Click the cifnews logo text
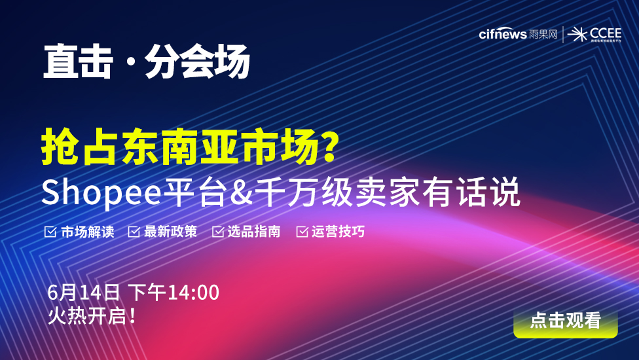tap(503, 34)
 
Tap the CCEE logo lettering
tap(606, 33)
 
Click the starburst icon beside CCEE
tap(577, 35)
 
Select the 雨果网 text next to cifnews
tap(543, 34)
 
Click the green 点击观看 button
tap(566, 322)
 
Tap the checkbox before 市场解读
tap(50, 232)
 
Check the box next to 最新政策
tap(134, 232)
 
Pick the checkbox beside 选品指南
tap(218, 232)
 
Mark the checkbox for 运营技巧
tap(302, 232)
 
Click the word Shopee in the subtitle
tap(101, 192)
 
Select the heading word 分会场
tap(197, 62)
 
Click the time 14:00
tap(194, 293)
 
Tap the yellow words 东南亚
tap(179, 146)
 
